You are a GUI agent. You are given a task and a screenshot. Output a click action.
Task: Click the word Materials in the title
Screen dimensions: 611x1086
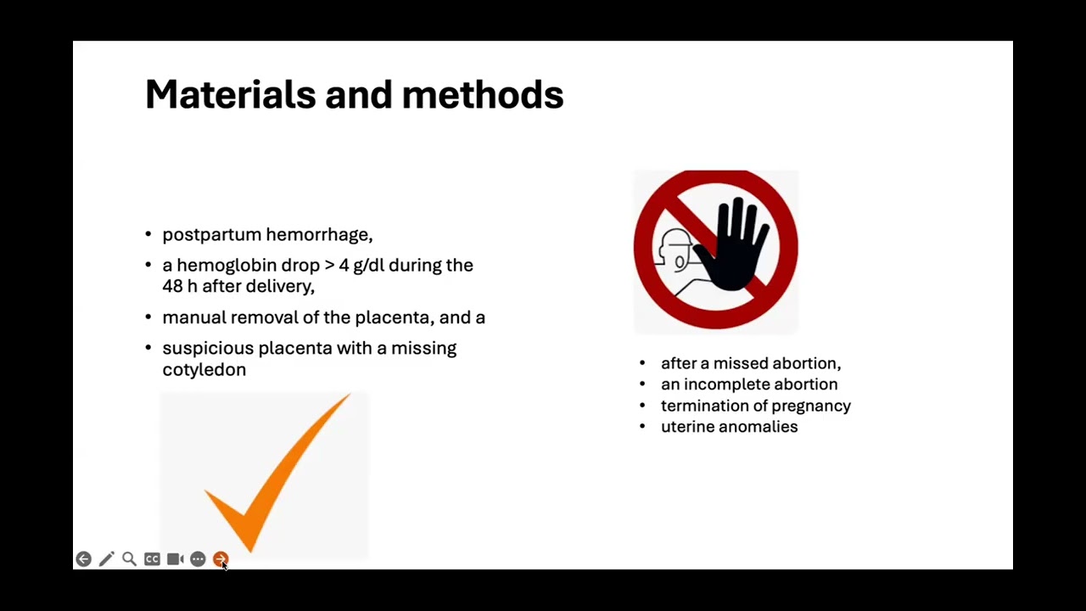(x=230, y=94)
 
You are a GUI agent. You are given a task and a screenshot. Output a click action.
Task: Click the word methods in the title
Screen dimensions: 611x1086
(x=482, y=94)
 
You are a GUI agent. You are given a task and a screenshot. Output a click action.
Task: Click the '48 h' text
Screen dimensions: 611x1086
(x=179, y=286)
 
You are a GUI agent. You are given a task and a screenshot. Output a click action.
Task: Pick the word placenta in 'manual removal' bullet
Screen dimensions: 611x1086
(x=392, y=317)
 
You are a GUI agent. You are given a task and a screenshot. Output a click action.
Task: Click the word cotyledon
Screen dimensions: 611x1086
(x=204, y=369)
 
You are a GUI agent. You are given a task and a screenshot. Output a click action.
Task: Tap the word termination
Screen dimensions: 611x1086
(x=703, y=406)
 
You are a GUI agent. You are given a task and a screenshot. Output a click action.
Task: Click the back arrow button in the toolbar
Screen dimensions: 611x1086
(x=83, y=559)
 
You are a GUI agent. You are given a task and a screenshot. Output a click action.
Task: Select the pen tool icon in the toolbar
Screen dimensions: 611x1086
(x=106, y=559)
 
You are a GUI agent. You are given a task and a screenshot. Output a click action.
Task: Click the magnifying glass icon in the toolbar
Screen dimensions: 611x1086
(x=129, y=559)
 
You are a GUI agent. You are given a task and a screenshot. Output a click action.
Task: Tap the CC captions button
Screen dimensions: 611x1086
(x=152, y=559)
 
